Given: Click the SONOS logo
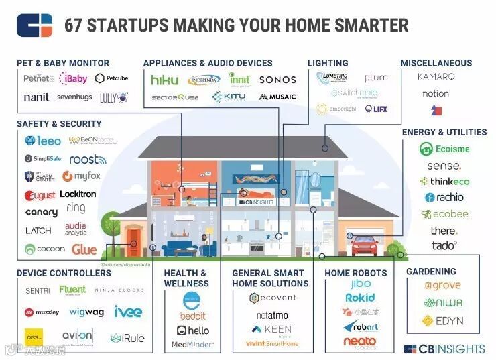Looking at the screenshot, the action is point(277,80).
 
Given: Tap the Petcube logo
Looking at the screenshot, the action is point(111,78).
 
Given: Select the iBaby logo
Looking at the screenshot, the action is point(73,78).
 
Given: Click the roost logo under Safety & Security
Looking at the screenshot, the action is point(88,159).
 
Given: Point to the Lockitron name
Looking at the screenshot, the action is point(78,194).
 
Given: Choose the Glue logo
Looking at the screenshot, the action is point(84,249).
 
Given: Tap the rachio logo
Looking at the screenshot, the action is point(444,198).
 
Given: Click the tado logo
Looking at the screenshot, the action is point(444,246).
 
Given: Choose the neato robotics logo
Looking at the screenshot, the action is point(360,342).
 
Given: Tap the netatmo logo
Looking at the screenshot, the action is point(270,315).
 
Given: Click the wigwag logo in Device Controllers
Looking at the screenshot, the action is point(86,312).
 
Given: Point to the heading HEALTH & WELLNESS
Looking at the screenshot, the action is point(185,278).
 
